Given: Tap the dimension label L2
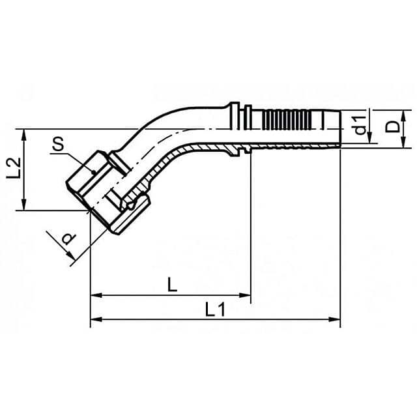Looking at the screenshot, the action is [x=14, y=168].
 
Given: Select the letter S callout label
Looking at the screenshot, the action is [x=58, y=145].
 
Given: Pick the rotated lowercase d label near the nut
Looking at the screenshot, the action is [x=68, y=239].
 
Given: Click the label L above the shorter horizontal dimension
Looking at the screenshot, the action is [x=172, y=285].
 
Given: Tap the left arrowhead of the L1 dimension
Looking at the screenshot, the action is [x=96, y=319].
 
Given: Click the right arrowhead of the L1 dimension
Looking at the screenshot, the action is [x=334, y=319].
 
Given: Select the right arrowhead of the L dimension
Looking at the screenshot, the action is [x=245, y=295].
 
